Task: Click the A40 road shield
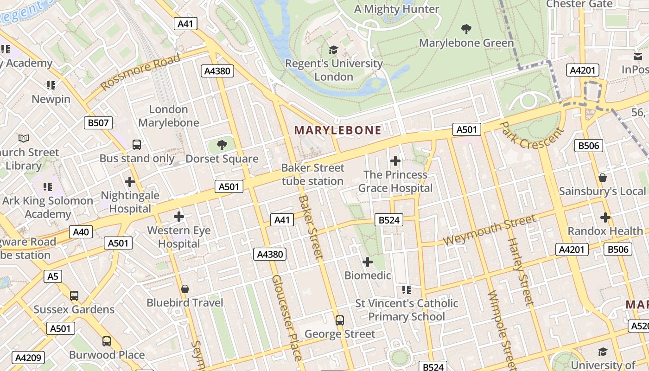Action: [x=81, y=232]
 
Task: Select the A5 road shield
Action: [x=53, y=276]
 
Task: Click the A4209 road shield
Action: [x=29, y=358]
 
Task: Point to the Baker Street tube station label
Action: [x=313, y=174]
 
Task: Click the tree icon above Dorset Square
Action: [x=222, y=145]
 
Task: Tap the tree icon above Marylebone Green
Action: [x=466, y=29]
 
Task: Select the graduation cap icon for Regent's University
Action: [x=333, y=50]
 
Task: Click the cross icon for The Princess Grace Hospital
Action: [x=395, y=161]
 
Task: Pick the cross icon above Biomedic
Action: [x=368, y=262]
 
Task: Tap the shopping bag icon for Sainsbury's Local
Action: [x=602, y=178]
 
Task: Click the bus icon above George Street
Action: [x=340, y=320]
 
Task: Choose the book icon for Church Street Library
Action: [x=23, y=138]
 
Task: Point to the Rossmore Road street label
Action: [x=140, y=72]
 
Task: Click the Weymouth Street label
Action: [x=489, y=230]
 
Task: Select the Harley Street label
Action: [x=521, y=271]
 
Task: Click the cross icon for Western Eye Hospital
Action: [x=179, y=217]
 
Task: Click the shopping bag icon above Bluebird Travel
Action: [x=185, y=289]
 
